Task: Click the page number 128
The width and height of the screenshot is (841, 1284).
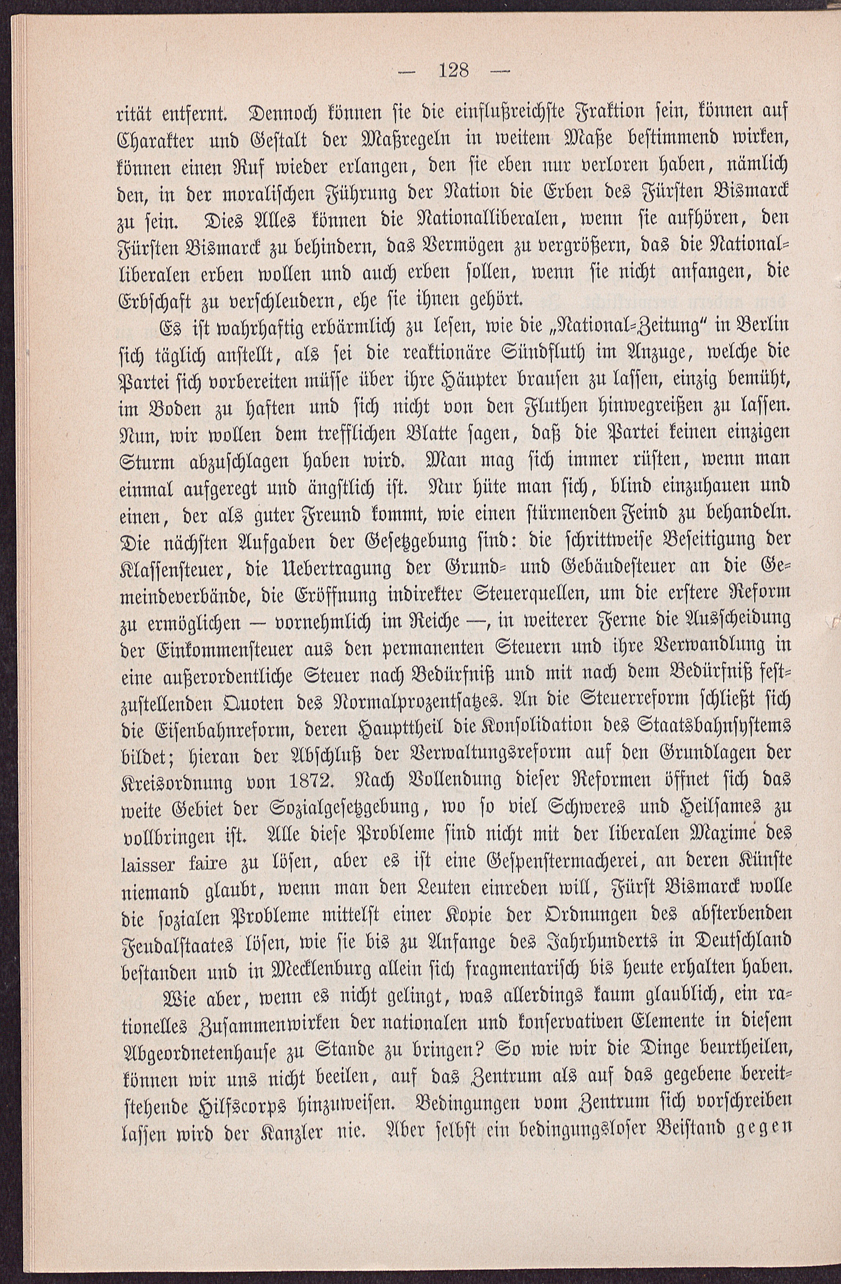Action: pyautogui.click(x=454, y=71)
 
